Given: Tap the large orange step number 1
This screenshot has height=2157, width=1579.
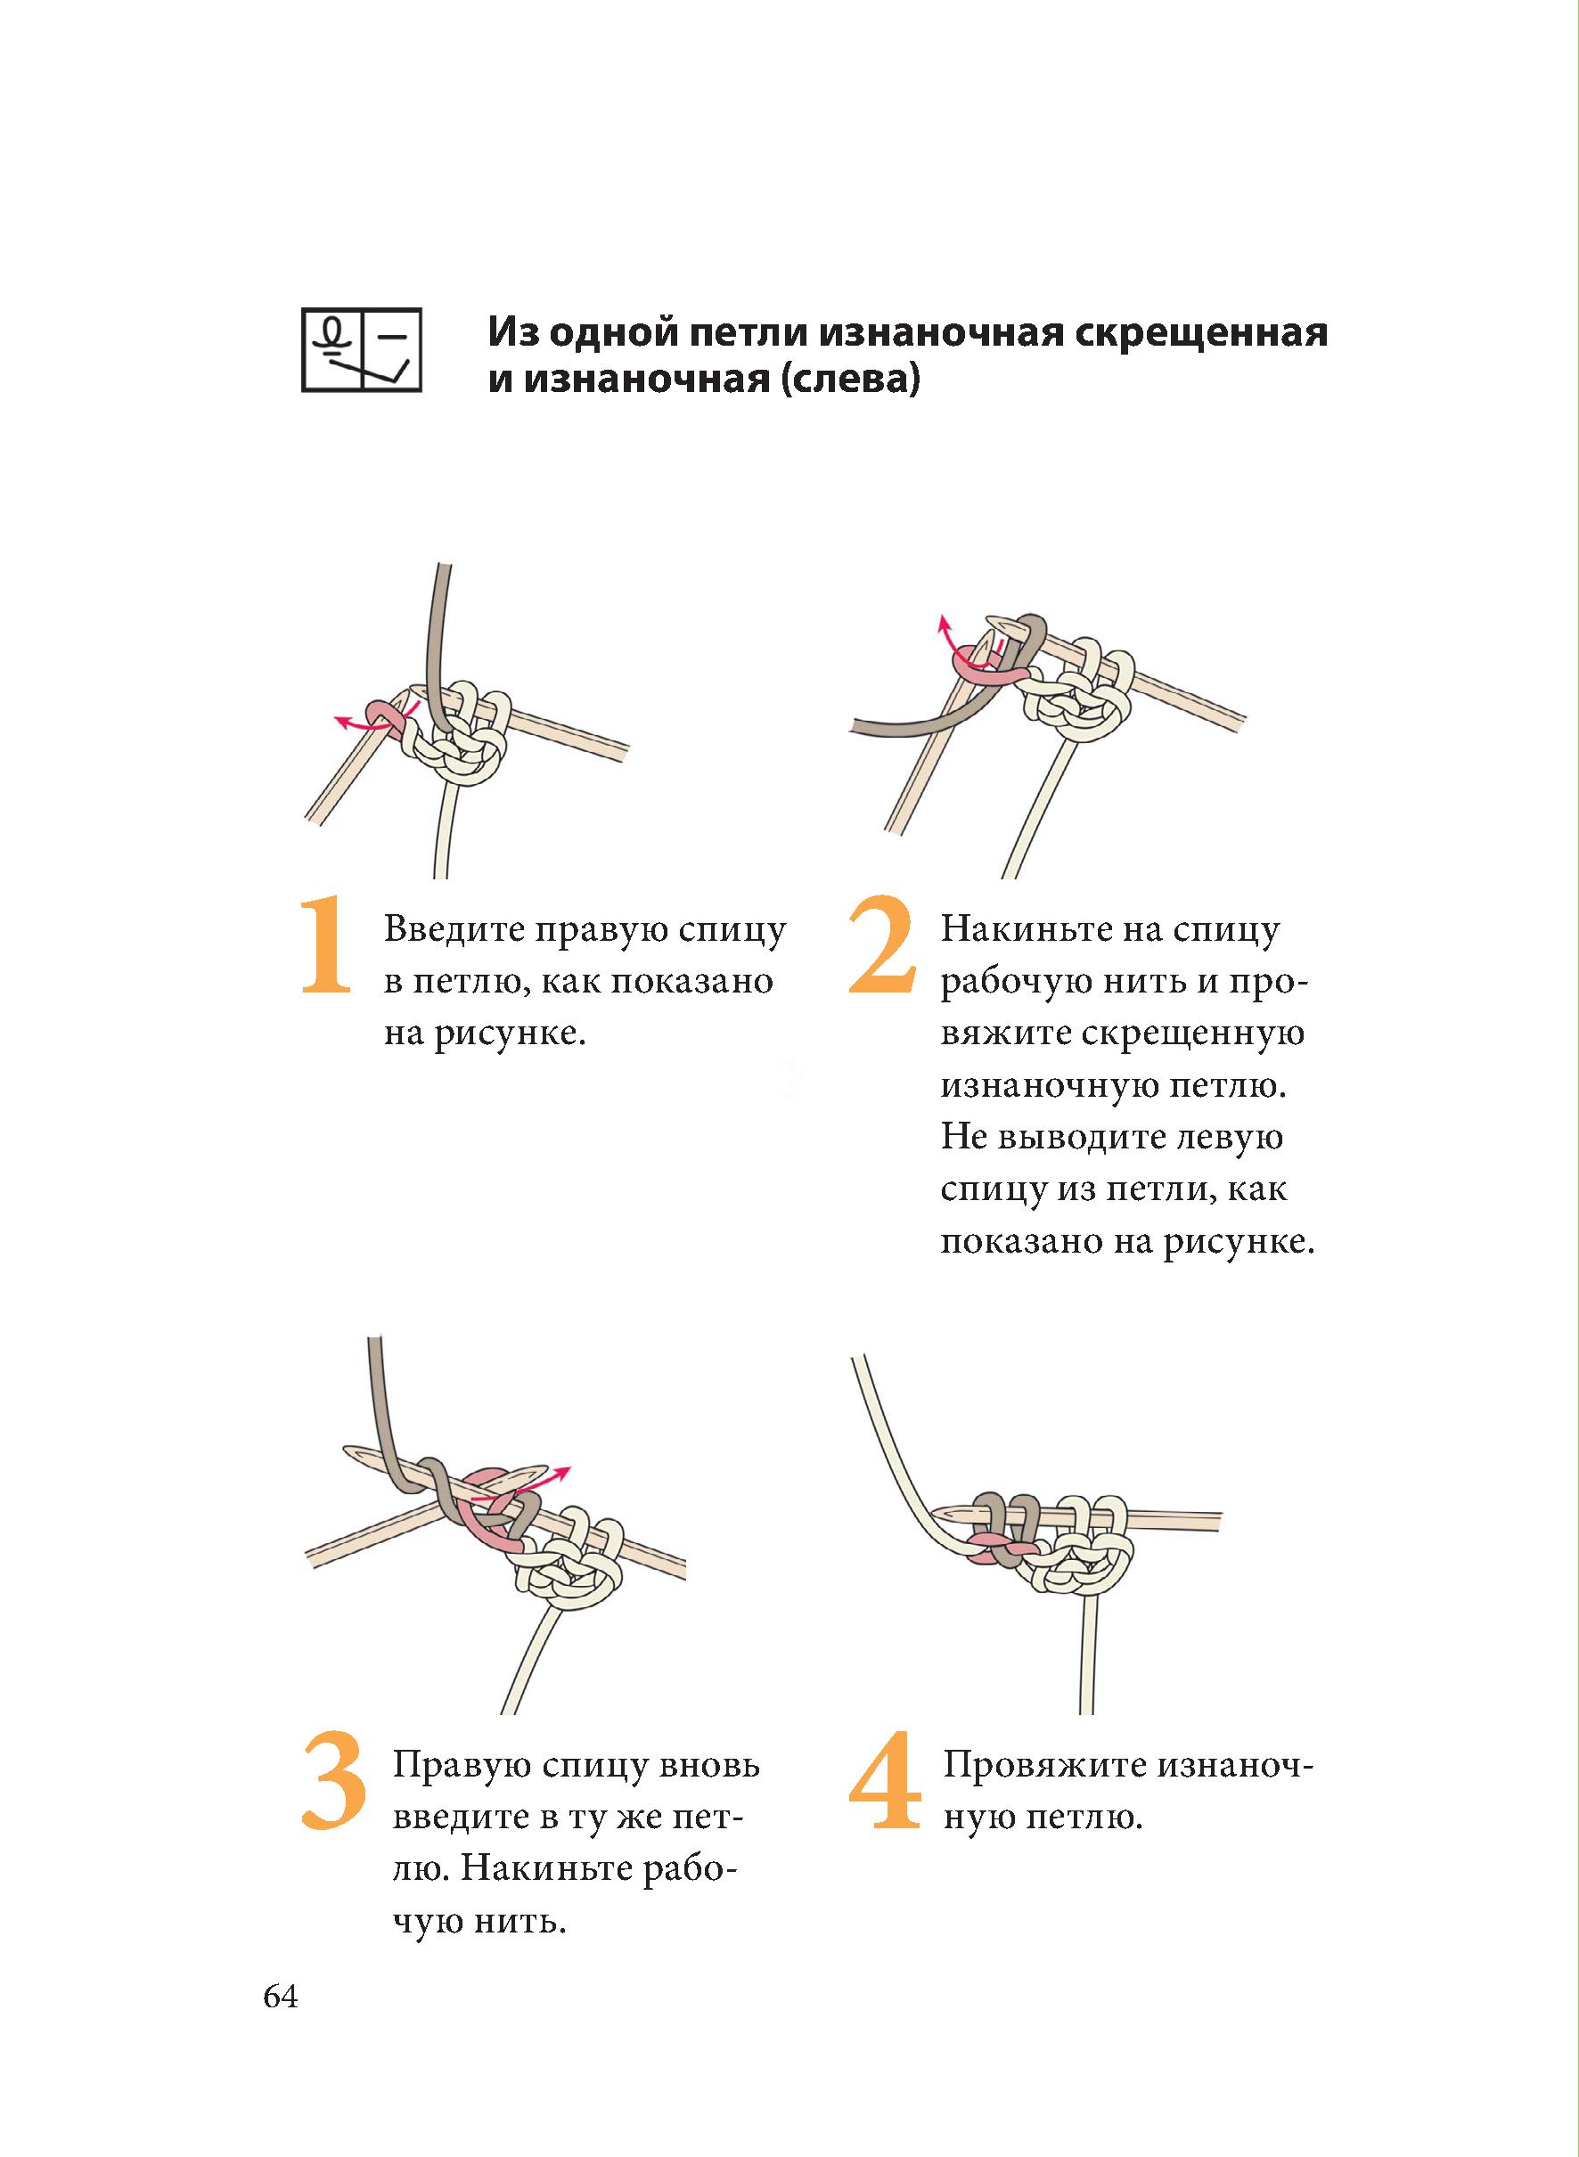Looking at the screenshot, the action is click(x=326, y=944).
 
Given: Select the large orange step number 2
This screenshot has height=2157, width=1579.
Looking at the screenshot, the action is click(x=880, y=944).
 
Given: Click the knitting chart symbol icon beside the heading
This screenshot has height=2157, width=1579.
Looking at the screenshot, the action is click(x=361, y=350).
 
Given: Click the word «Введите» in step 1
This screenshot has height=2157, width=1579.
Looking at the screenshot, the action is click(x=454, y=930).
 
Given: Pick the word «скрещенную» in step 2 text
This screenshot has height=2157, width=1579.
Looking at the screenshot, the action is click(x=1194, y=1034).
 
